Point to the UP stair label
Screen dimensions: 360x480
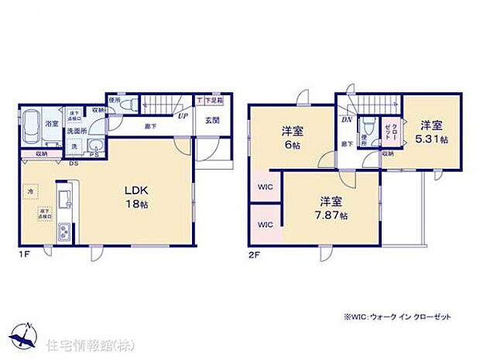tap(183, 117)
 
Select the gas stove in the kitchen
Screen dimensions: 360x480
tap(64, 230)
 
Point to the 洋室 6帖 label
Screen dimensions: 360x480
tap(292, 138)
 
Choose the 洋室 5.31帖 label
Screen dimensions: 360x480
tap(432, 131)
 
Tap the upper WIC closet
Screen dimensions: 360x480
tap(263, 187)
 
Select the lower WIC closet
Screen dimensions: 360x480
tap(263, 225)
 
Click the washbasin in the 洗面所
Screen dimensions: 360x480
tap(96, 148)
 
